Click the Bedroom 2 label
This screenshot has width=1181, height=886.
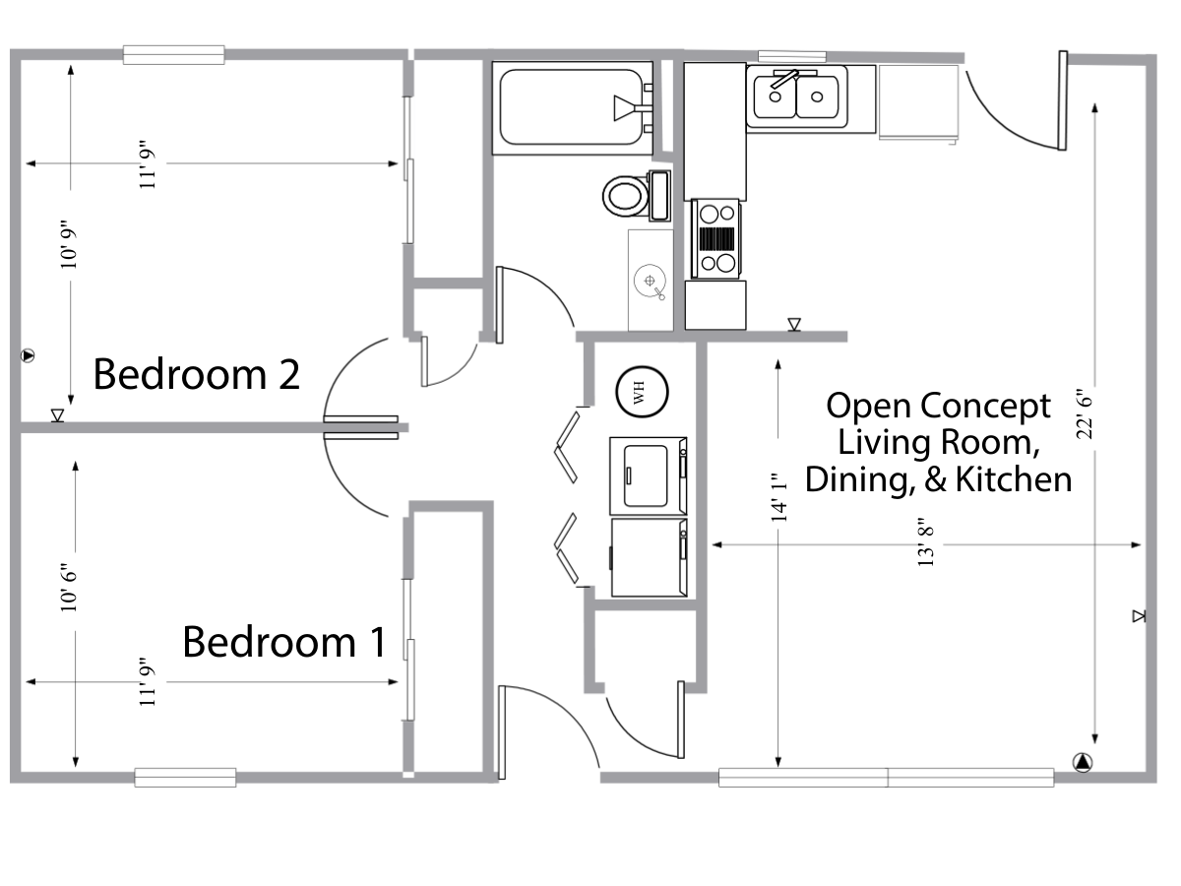pos(196,375)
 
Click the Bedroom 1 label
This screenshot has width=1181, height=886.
pos(283,642)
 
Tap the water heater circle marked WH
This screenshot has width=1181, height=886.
pos(644,392)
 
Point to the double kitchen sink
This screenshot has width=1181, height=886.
pos(797,95)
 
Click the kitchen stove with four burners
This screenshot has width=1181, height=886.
pos(716,236)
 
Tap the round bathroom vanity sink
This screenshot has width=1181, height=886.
pos(650,280)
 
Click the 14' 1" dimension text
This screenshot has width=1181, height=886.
pos(778,496)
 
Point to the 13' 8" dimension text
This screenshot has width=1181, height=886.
pos(924,542)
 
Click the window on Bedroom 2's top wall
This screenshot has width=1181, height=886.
pos(174,55)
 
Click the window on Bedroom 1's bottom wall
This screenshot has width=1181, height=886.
pos(185,778)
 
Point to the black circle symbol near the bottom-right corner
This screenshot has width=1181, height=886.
pos(1082,761)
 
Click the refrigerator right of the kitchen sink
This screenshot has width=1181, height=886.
pos(918,102)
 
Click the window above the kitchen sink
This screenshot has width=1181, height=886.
pos(793,55)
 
